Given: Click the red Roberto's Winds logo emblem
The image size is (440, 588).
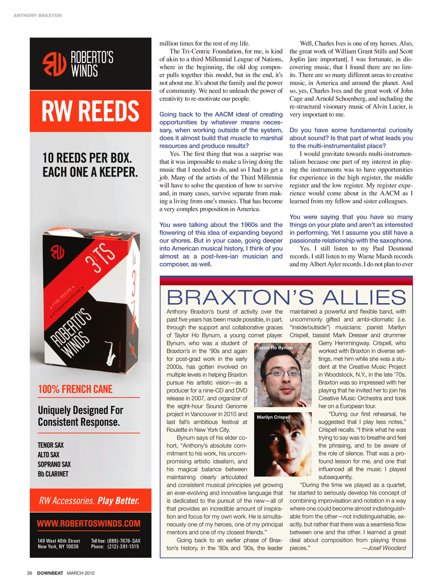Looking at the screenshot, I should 54,64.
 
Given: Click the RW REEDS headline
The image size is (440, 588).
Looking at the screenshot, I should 90,111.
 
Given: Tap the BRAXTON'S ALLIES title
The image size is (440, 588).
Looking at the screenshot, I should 286,297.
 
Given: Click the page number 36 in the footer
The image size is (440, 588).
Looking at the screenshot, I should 29,573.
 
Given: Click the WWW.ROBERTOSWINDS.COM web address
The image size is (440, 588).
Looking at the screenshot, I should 88,524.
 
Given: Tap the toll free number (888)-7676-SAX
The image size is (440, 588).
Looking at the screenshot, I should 123,541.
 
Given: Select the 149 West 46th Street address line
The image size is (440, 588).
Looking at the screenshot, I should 59,541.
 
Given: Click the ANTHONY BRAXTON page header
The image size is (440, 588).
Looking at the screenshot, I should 37,15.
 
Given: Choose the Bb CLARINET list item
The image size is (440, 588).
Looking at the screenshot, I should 53,474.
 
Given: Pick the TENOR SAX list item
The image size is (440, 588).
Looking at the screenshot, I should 50,445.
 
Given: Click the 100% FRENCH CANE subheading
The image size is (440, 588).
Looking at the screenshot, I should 75,389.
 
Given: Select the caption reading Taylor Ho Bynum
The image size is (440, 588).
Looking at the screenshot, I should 274,347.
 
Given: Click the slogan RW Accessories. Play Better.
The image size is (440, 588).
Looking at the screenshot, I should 89,501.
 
